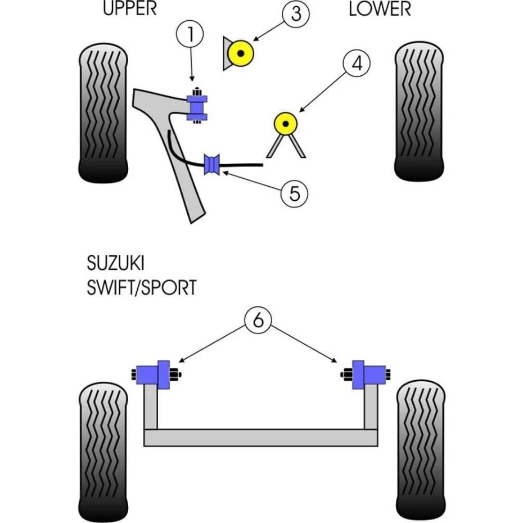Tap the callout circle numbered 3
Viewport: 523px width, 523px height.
click(296, 13)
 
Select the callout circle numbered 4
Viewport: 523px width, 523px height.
click(357, 65)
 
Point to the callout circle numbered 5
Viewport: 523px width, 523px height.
click(295, 194)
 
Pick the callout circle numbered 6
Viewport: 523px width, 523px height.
click(258, 321)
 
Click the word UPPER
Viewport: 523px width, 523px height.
click(130, 8)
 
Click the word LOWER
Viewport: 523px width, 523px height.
click(380, 8)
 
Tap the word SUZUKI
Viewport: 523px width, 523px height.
click(115, 264)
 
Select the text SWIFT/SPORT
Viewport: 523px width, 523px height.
click(142, 288)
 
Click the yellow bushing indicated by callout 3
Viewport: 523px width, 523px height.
click(241, 54)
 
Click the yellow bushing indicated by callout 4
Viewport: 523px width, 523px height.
click(286, 123)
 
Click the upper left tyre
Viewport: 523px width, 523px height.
click(105, 112)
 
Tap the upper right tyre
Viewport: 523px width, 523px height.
click(420, 112)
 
